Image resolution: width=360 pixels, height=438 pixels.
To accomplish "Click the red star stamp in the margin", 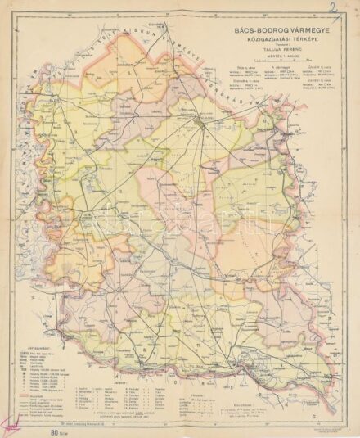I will point(12,423).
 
